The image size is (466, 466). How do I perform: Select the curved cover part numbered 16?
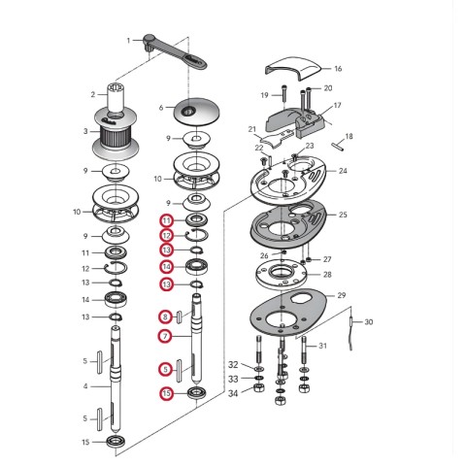point(293,69)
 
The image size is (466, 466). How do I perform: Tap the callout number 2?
point(93,94)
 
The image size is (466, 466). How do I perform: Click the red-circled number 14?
point(166,267)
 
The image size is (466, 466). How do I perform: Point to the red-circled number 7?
point(165,337)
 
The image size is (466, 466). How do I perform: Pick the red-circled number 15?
point(166,393)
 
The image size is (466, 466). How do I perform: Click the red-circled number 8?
point(165,316)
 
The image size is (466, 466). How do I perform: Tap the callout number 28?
point(327,275)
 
